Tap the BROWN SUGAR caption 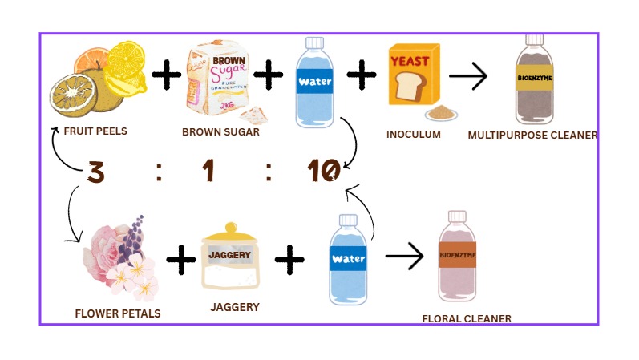click(220, 131)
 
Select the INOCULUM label click(414, 134)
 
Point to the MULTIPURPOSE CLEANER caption click(532, 136)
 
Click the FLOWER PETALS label click(118, 313)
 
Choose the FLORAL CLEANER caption click(467, 318)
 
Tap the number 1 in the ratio click(209, 171)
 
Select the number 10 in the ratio click(323, 171)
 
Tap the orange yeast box click(415, 75)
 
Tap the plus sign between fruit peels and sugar click(167, 76)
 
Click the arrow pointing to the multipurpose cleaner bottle click(468, 77)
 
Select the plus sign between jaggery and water click(289, 259)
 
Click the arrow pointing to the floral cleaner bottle click(404, 257)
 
